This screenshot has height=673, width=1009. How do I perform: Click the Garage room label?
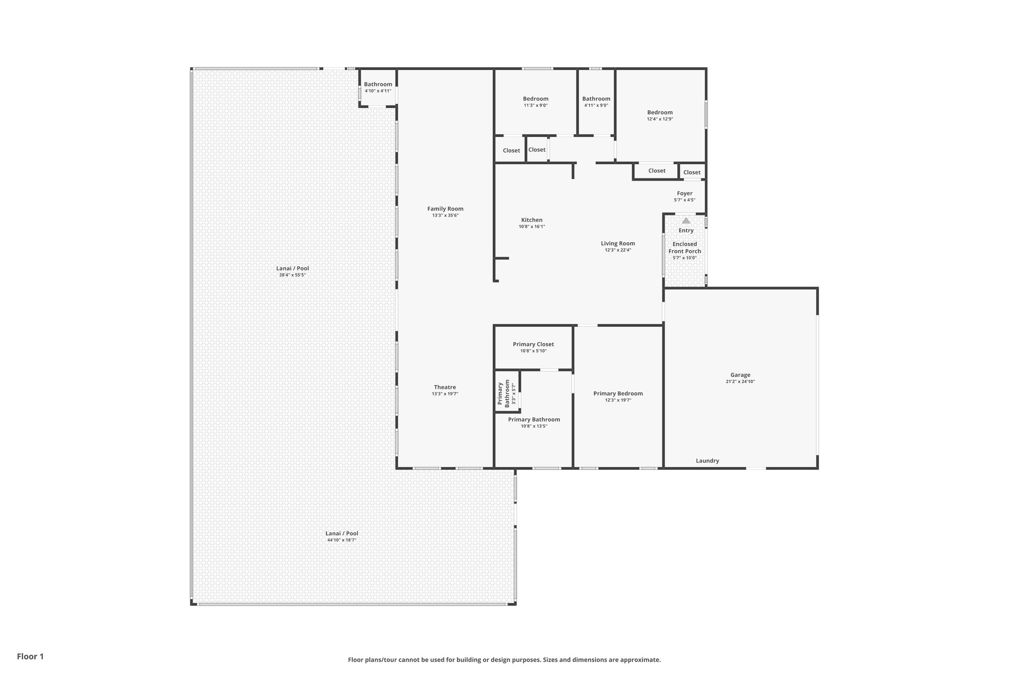point(740,375)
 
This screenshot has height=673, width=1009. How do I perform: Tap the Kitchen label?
point(532,220)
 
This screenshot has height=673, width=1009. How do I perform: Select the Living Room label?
point(618,244)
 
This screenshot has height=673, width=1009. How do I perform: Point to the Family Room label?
point(445,209)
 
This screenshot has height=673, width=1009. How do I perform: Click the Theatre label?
point(445,388)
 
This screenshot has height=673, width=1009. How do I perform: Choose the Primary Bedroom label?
point(618,393)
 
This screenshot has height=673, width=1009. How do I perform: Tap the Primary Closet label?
point(533,345)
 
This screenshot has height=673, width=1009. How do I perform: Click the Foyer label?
point(685,194)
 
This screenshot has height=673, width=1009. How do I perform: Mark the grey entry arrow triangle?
point(686,220)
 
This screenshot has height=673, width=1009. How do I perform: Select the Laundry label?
point(707,461)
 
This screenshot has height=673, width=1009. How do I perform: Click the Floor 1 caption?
point(31,657)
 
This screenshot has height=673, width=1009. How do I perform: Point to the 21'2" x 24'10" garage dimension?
point(740,382)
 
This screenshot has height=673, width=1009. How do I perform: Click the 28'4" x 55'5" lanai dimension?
point(293,275)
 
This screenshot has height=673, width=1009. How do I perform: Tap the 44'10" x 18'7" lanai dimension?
point(342,540)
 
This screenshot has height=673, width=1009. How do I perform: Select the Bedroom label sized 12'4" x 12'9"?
point(660,112)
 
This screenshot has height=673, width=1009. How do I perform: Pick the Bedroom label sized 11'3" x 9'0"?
point(536,99)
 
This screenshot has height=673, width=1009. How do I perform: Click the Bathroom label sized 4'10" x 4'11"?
point(378,84)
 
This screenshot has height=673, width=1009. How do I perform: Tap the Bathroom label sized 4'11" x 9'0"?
point(596,99)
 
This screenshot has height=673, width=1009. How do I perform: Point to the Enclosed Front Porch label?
point(685,248)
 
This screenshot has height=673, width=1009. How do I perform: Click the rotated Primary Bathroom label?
point(504,394)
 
